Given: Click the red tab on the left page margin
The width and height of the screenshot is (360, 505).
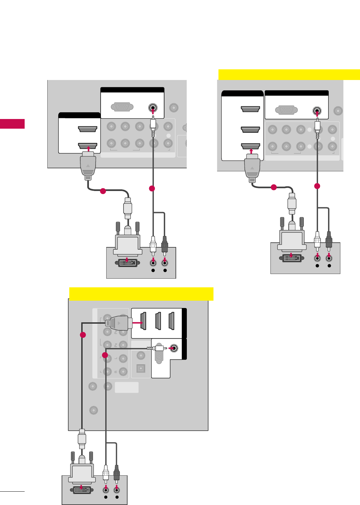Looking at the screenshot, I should [12, 124].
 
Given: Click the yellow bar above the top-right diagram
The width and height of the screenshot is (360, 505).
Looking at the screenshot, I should [289, 74].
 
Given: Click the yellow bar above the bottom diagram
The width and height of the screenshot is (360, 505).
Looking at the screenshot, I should [141, 294].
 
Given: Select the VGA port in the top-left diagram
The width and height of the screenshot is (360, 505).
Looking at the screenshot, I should [122, 107].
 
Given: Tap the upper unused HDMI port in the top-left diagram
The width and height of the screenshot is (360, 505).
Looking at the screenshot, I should [87, 129].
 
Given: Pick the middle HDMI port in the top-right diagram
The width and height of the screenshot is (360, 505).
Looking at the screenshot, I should [250, 129].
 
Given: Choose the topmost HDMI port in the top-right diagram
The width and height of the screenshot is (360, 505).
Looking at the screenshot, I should [250, 109].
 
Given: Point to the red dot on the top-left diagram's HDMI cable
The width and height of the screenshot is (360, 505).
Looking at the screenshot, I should [103, 191].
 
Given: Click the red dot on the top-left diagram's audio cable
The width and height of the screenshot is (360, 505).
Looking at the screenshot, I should [152, 188].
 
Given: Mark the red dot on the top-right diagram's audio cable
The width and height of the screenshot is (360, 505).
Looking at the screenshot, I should [317, 186].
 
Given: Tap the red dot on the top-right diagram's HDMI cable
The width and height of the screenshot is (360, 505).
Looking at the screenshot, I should [274, 187].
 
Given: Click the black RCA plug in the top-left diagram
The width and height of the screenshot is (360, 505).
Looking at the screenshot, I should [165, 244].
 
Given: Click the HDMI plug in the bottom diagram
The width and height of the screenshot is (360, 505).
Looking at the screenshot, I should [117, 323].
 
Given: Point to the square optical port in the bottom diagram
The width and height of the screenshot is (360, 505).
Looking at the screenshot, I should [141, 368].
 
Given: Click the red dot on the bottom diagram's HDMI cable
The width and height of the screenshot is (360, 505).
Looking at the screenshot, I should [83, 335].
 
